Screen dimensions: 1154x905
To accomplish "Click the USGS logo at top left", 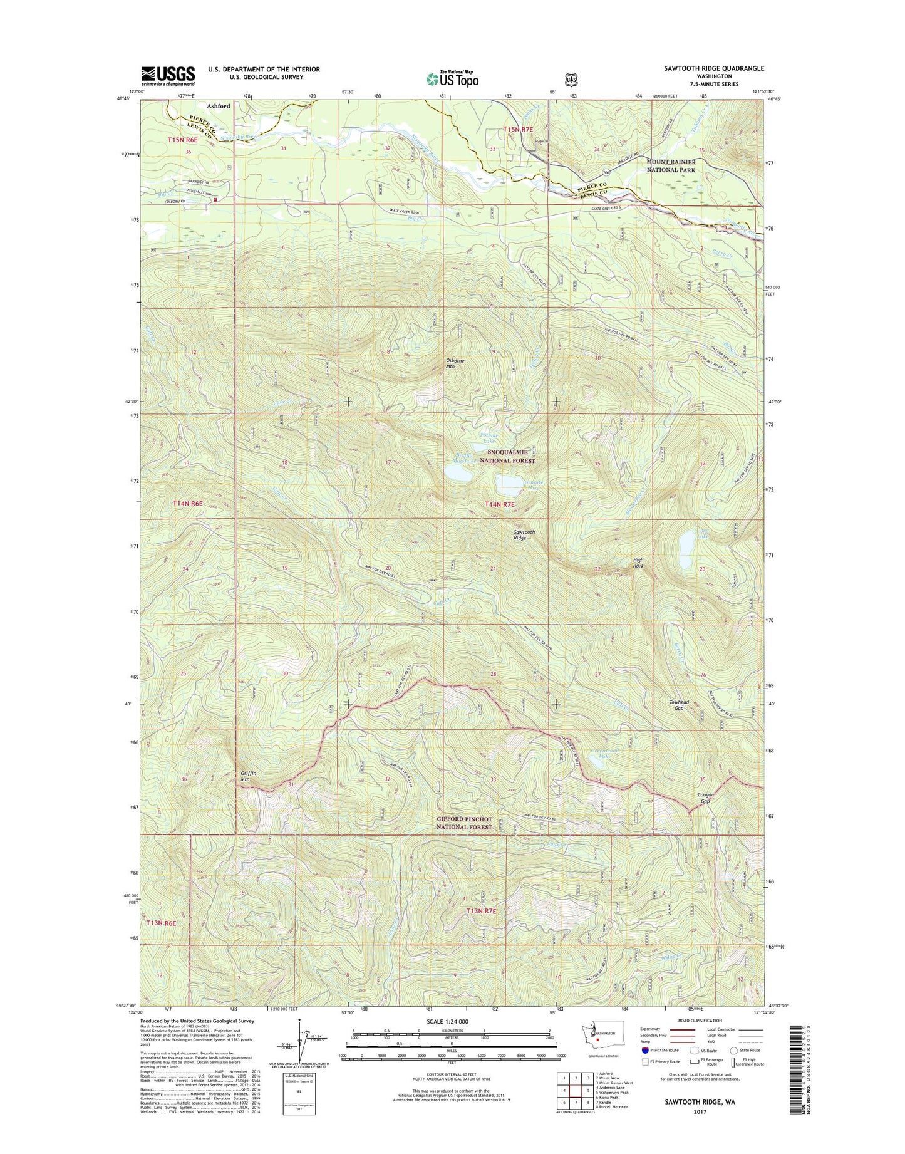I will [167, 76].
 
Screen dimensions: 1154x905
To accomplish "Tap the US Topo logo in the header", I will [452, 79].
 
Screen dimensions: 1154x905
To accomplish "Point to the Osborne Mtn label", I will [455, 363].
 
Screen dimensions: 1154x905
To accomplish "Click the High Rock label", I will [638, 563].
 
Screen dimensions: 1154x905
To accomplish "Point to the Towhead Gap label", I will [678, 705].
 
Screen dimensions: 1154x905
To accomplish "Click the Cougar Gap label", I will [705, 798].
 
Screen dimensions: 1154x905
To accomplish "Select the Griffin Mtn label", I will [249, 776].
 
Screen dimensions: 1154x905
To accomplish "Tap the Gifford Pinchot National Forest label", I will [464, 823].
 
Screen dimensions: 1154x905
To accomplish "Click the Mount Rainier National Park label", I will [671, 165].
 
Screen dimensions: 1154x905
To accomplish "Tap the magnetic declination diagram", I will [300, 1058].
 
